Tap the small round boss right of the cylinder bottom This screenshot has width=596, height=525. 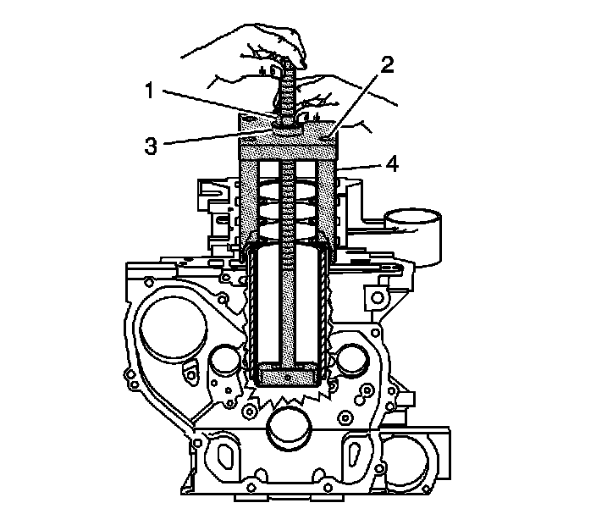350,362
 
